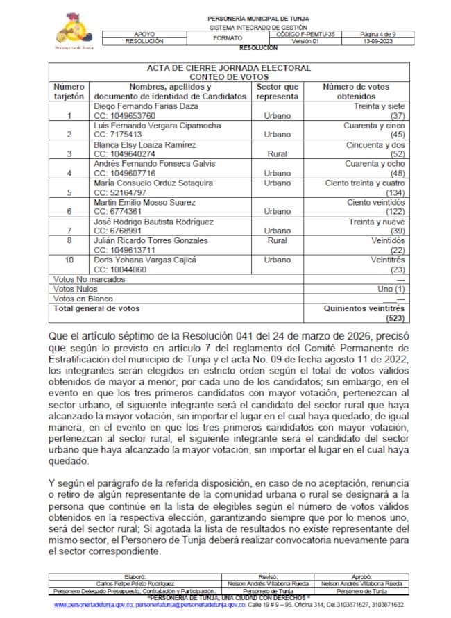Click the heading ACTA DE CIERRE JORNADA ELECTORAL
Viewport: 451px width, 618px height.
click(229, 68)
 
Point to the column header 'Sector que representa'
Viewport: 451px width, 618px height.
click(278, 91)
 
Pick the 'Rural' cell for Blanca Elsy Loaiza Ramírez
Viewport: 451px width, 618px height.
click(278, 153)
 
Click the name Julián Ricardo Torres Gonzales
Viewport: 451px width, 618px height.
click(151, 240)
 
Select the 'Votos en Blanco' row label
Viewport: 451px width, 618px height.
click(82, 298)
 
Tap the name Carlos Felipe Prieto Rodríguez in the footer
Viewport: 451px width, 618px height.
click(135, 583)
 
